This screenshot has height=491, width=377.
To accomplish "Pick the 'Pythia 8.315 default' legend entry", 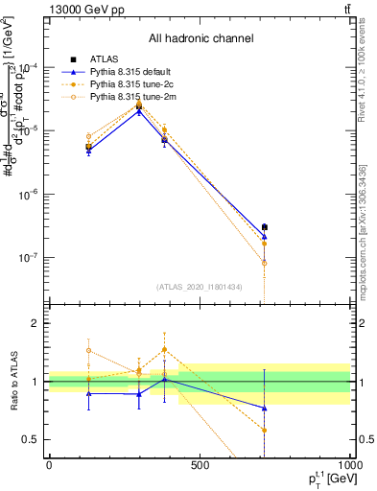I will pos(128,73).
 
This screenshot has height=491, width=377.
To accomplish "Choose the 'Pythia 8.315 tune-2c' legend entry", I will pos(128,85).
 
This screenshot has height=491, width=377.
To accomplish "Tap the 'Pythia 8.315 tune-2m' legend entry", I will pos(128,98).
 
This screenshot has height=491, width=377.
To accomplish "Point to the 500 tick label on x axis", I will pos(199,466).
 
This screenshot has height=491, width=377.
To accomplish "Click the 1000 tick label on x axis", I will pos(348,466).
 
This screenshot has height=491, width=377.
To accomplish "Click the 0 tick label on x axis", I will pos(49,466).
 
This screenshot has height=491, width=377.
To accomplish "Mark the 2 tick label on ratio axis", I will pos(35,324).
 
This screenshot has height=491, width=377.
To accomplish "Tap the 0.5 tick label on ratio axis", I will pos(31,439).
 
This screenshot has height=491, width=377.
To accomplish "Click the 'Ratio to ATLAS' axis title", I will pos(12,382).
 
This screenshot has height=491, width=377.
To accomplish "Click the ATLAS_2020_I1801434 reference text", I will pos(200,287).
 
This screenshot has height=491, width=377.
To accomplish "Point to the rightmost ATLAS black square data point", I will pos(264,227).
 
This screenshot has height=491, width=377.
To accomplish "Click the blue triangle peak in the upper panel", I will pos(139,111).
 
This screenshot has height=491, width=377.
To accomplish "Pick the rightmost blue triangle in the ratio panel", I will pos(264,409).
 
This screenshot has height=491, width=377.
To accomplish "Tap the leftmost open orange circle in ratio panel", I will pos(89,350).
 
